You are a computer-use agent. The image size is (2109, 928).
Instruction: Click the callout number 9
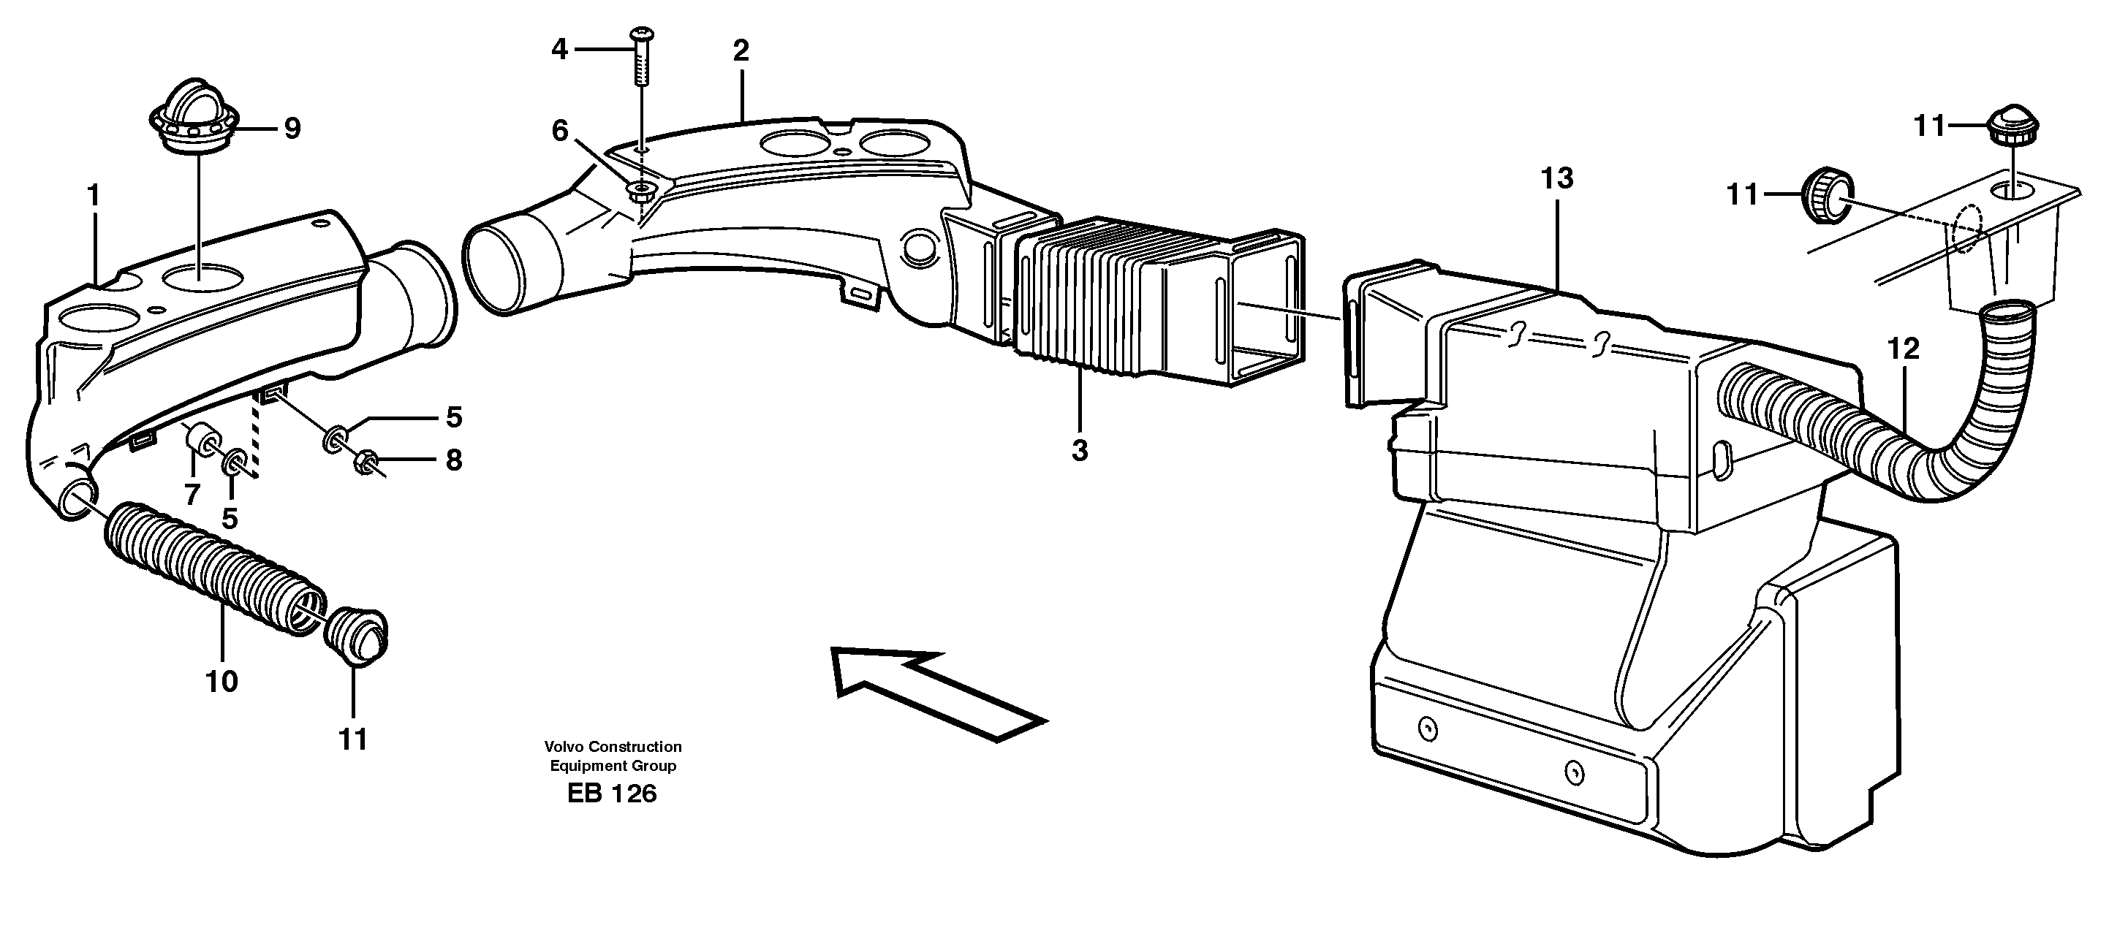(292, 129)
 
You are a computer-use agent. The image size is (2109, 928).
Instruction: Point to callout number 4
(559, 50)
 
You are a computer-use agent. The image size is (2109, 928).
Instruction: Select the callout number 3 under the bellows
(1079, 450)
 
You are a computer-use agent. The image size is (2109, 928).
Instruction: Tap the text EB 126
(612, 793)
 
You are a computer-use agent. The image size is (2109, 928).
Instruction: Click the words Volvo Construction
(613, 746)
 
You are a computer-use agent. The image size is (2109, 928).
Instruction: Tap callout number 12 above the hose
(1904, 349)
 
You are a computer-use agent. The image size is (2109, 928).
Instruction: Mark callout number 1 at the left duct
(94, 196)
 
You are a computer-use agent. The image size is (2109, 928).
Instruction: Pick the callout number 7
(192, 494)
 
